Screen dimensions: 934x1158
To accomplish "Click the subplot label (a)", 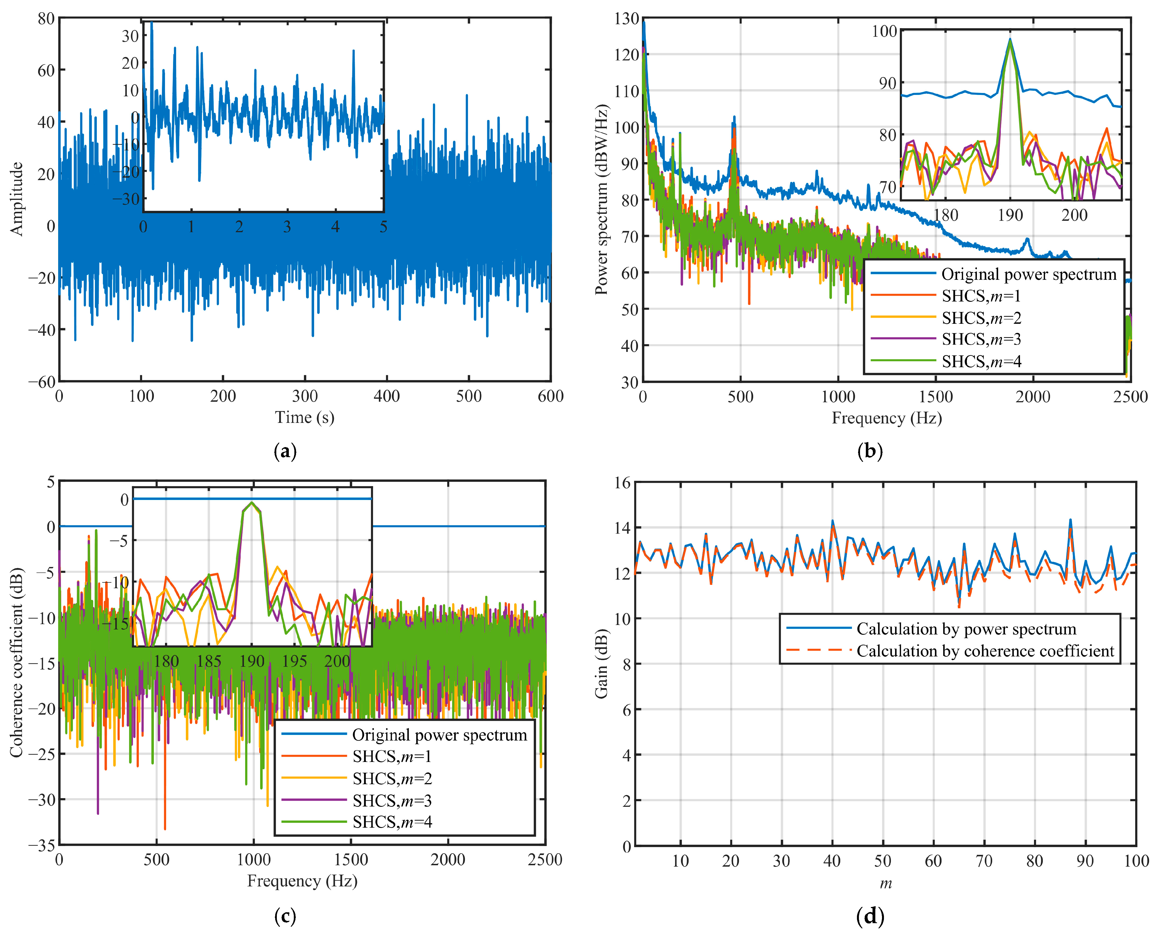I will coord(285,451).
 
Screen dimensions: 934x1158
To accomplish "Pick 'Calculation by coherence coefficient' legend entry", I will coord(985,651).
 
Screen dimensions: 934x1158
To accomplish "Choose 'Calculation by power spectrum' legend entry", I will coord(966,629).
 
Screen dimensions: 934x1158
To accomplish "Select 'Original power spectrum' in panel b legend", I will coord(1028,274).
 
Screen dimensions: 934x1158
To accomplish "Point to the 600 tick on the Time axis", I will coord(551,396).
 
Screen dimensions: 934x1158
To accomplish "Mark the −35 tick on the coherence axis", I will coord(42,845).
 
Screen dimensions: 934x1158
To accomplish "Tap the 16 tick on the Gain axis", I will coord(623,483).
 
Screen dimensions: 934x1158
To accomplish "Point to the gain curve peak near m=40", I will coord(832,521).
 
